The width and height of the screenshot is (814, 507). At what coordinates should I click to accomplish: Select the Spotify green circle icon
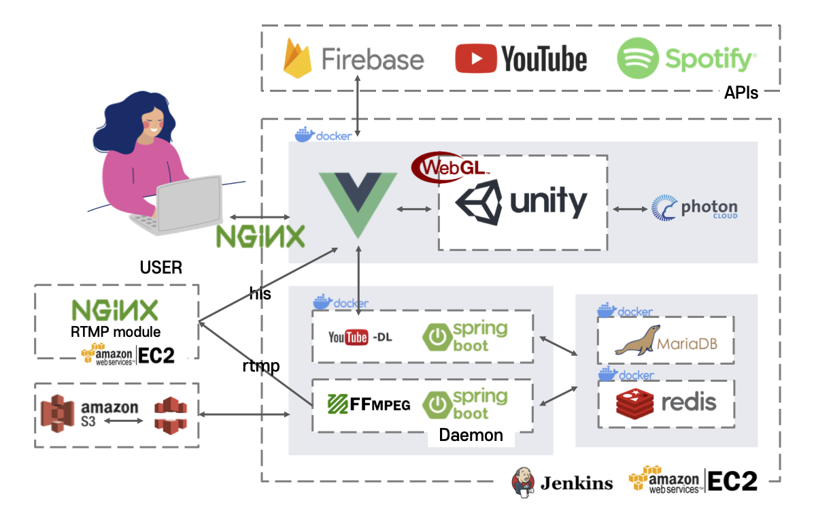637,59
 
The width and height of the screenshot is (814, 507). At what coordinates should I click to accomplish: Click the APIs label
741,93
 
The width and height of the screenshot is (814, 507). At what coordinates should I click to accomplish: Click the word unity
548,202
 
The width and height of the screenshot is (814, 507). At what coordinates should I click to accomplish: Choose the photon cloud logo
694,208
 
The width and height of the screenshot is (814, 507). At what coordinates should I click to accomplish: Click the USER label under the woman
161,267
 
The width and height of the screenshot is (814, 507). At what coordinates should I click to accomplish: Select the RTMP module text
116,332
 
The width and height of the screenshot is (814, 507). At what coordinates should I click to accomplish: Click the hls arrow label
260,293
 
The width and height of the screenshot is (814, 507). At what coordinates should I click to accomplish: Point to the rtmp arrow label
261,366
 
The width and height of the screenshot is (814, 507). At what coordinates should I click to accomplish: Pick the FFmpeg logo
369,404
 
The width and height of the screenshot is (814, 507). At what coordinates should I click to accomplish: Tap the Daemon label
471,435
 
